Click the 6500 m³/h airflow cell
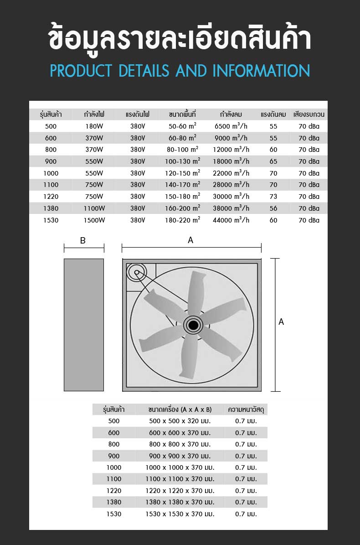(x=231, y=126)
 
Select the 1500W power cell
(x=94, y=220)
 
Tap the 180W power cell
(x=94, y=126)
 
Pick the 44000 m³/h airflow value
(x=231, y=220)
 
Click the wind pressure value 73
(x=273, y=197)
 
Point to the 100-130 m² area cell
(x=182, y=161)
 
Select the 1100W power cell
(x=94, y=208)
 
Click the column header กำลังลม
(x=231, y=114)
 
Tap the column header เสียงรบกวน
(x=309, y=114)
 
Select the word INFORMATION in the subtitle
(x=261, y=71)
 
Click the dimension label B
(x=83, y=241)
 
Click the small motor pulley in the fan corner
(x=136, y=273)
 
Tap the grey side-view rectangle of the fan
(x=84, y=325)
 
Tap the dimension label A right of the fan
(x=281, y=322)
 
